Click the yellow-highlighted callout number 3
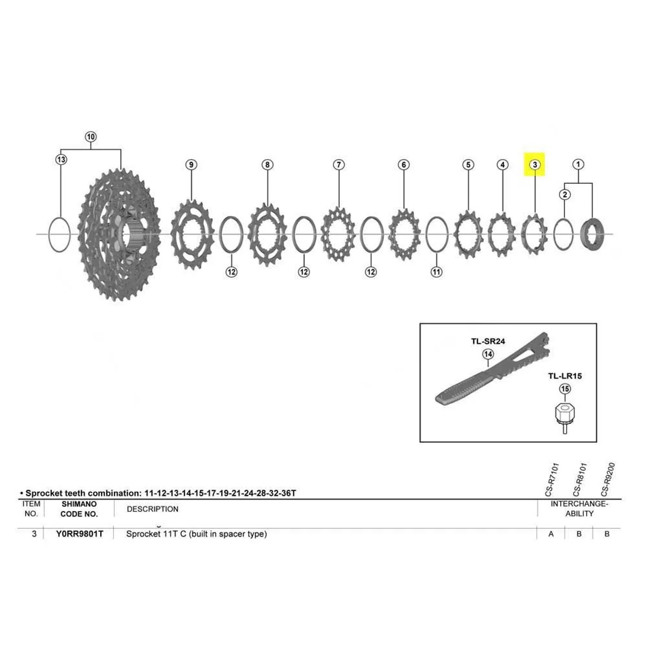[x=535, y=164]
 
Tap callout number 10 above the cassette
[x=91, y=137]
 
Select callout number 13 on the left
[x=61, y=159]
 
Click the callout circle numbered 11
[x=436, y=271]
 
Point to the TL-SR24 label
[x=488, y=341]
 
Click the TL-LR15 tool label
[x=565, y=376]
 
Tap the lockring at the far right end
[x=593, y=235]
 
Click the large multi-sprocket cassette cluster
[x=119, y=234]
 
